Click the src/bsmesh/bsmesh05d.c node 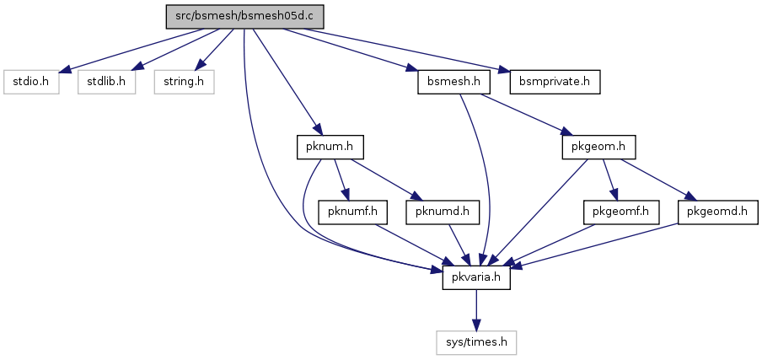click(x=244, y=17)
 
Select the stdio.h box click(x=31, y=82)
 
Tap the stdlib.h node click(x=106, y=82)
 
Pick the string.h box click(x=185, y=82)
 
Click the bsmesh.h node click(x=453, y=82)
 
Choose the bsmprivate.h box click(x=555, y=82)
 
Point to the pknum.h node click(x=330, y=148)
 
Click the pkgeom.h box click(x=598, y=148)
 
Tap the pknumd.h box click(x=443, y=212)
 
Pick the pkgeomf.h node click(x=621, y=212)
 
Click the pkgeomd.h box click(x=718, y=212)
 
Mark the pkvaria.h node click(x=476, y=277)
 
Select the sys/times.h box click(x=476, y=342)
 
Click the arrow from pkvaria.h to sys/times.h click(x=476, y=310)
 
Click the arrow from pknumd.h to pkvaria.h click(x=459, y=244)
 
